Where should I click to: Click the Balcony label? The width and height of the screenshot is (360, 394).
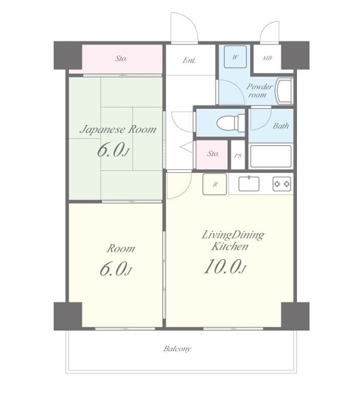(x=177, y=348)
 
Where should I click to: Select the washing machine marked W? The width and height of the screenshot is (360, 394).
(x=235, y=57)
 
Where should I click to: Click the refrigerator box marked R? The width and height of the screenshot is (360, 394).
(x=215, y=184)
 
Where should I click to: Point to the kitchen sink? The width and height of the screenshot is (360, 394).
(x=249, y=184)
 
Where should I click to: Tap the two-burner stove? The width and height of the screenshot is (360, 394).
(x=282, y=184)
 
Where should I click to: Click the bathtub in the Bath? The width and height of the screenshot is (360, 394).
(x=271, y=156)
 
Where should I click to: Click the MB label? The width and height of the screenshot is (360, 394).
(x=267, y=58)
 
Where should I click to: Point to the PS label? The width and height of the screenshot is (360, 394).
(x=238, y=156)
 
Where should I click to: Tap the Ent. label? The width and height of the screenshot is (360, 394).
(x=189, y=61)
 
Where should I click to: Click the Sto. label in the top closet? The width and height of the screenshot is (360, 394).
(x=121, y=58)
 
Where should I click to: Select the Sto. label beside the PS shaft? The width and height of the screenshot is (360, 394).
(x=212, y=153)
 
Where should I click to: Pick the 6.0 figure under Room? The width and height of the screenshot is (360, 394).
(x=115, y=269)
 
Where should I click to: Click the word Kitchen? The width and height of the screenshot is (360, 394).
(x=230, y=246)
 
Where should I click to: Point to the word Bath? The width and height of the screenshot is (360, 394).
(x=281, y=126)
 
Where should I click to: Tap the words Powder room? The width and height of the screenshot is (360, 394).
(x=259, y=90)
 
